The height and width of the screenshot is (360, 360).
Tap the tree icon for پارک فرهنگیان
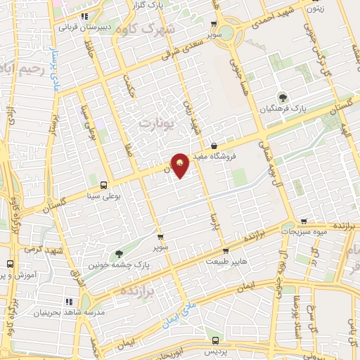pyautogui.click(x=283, y=98)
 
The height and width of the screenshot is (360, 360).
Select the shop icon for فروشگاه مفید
pyautogui.click(x=214, y=146)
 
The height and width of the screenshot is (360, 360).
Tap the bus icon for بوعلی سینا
pyautogui.click(x=104, y=185)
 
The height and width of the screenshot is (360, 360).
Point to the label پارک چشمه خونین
pyautogui.click(x=115, y=265)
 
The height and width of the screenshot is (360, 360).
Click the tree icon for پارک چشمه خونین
pyautogui.click(x=117, y=254)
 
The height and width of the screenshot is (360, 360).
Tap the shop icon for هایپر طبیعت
pyautogui.click(x=224, y=250)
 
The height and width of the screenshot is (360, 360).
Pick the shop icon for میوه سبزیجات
pyautogui.click(x=304, y=220)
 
